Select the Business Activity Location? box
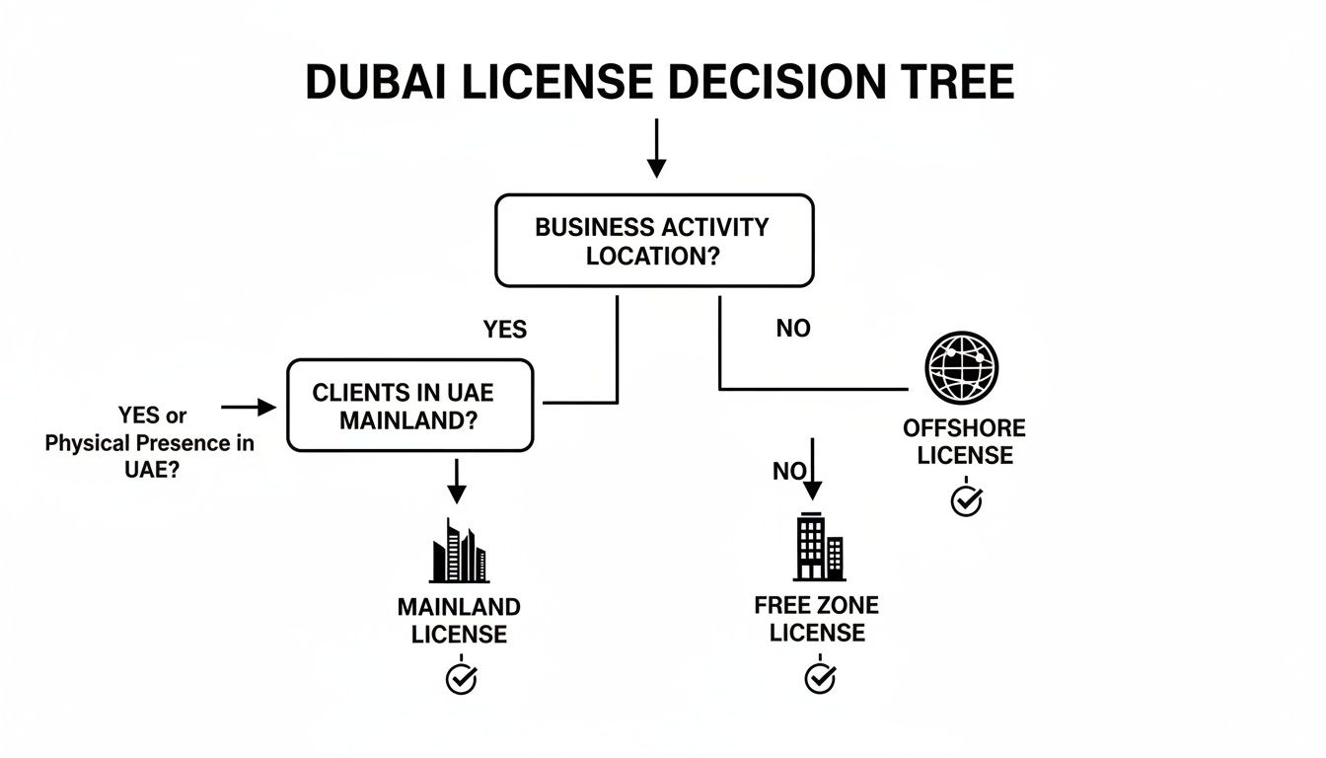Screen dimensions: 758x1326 tap(653, 240)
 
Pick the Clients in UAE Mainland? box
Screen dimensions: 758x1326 tap(409, 405)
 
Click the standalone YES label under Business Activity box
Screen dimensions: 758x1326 tap(504, 329)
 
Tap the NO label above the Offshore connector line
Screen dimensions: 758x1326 tap(792, 329)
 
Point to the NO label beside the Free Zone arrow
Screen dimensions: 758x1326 tap(787, 472)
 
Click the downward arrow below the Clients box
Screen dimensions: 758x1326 tap(456, 481)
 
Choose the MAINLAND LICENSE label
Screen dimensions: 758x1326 tap(459, 620)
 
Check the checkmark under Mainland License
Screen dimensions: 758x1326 tap(461, 678)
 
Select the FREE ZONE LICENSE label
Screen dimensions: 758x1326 tap(816, 618)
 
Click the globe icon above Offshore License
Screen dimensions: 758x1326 tap(961, 365)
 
